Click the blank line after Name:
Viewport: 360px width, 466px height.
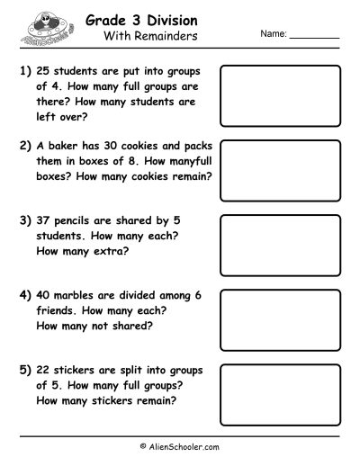pyautogui.click(x=315, y=35)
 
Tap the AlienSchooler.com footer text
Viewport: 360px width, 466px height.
pyautogui.click(x=180, y=445)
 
